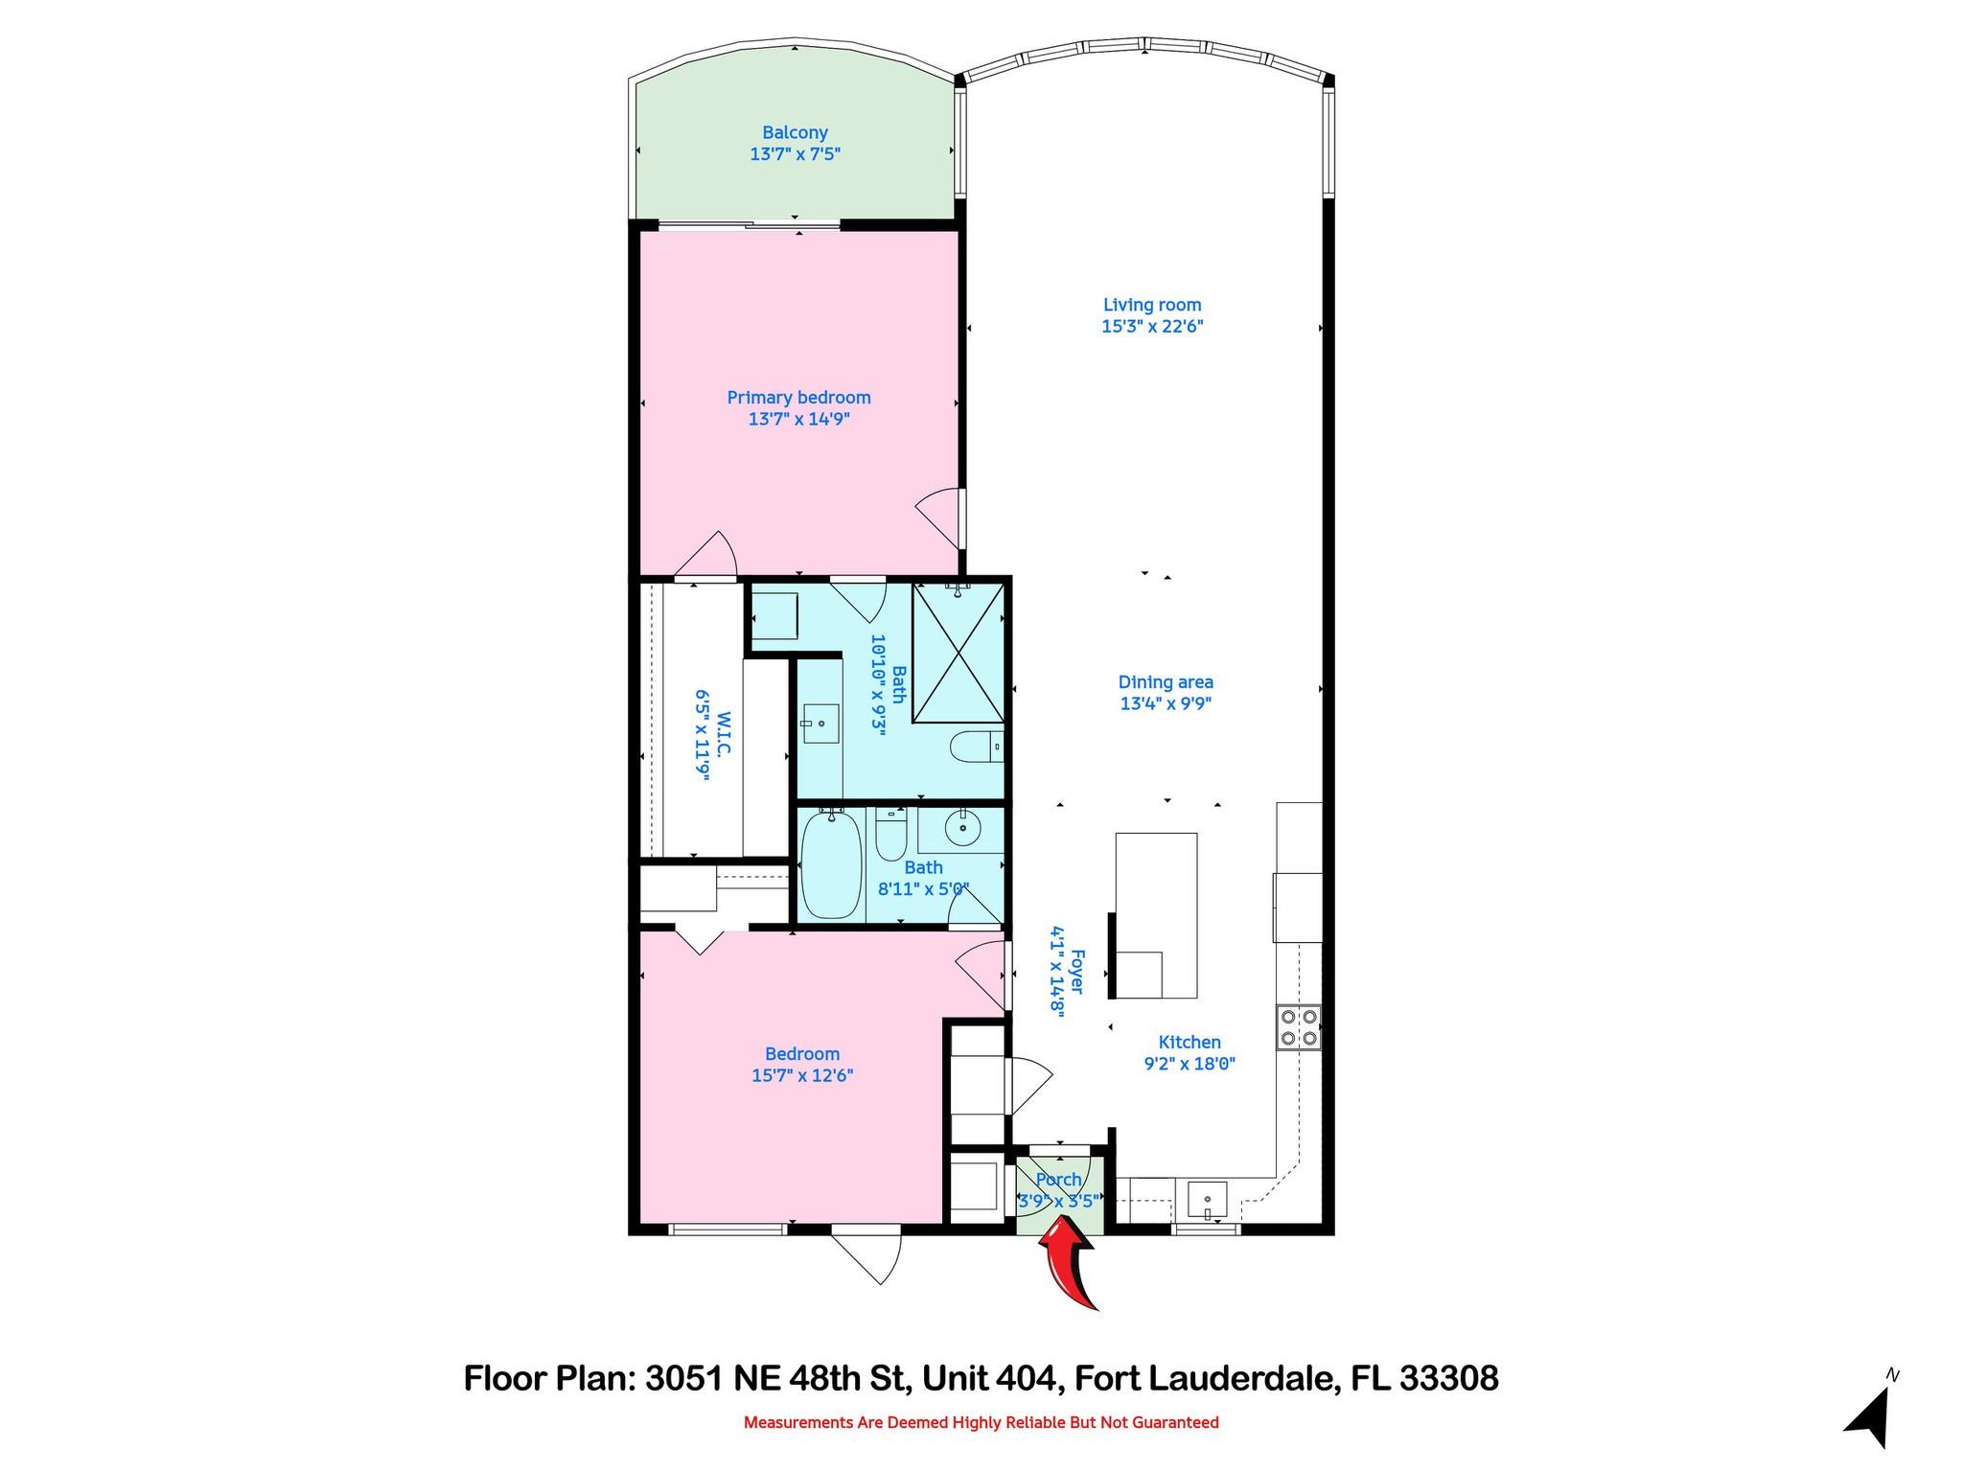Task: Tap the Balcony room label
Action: (x=795, y=133)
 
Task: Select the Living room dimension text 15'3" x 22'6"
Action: (x=1151, y=327)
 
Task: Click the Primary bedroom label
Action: (x=798, y=398)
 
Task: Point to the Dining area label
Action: (x=1166, y=682)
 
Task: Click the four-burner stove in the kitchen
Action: (x=1299, y=1027)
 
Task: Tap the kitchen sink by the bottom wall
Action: (x=1207, y=1199)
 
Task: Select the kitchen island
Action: (x=1156, y=915)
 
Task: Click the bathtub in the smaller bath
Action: (x=830, y=863)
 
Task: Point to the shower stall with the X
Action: (x=958, y=652)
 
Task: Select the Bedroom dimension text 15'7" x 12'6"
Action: (x=802, y=1075)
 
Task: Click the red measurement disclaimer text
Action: (x=981, y=1422)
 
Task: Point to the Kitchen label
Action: (x=1189, y=1042)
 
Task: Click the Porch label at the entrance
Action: (x=1058, y=1180)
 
